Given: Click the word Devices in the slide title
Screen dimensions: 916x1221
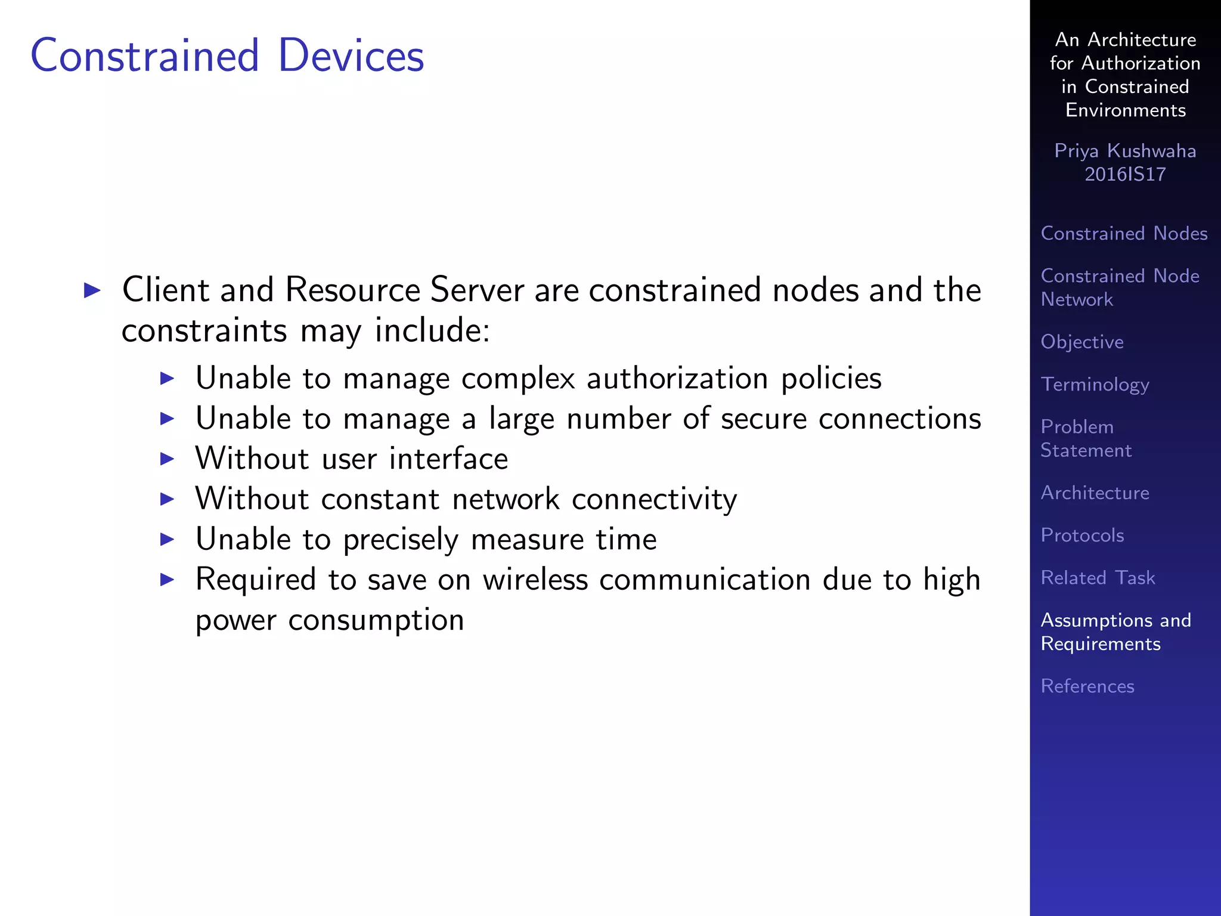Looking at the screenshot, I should pos(351,55).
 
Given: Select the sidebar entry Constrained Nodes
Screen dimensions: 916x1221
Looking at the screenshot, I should pos(1124,233).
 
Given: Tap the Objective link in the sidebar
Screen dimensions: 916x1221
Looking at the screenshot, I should pos(1081,342).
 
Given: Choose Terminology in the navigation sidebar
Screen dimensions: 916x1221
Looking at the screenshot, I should pos(1095,385).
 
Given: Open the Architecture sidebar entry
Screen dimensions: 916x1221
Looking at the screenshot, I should pos(1095,493).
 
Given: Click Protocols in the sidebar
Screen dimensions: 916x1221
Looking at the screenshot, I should pos(1082,535).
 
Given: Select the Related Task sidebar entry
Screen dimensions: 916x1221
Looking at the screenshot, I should pos(1098,577).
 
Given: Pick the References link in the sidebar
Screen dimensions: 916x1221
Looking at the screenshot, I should pos(1087,686).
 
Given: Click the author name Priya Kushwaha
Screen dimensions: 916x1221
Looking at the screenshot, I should pos(1124,151).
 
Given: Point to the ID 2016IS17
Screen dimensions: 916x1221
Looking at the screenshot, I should pos(1124,174).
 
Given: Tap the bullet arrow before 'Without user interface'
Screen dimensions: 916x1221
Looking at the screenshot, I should pos(168,459).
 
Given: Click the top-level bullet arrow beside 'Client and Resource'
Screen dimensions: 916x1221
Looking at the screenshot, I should pos(92,290).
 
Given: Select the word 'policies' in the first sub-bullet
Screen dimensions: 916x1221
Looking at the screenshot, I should pos(831,379).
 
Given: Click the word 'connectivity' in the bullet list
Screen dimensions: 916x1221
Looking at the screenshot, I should pos(654,499).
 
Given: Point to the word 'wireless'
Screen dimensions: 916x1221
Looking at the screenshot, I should pos(535,580).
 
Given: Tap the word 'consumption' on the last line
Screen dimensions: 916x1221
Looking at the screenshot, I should pos(376,620).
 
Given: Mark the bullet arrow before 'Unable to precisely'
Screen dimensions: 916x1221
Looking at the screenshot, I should pos(168,539).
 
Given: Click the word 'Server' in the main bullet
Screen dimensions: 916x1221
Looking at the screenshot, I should pos(477,290).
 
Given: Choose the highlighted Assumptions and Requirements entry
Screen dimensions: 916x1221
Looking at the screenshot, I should pos(1115,632).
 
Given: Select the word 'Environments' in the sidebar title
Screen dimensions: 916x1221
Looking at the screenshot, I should pos(1125,110).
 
